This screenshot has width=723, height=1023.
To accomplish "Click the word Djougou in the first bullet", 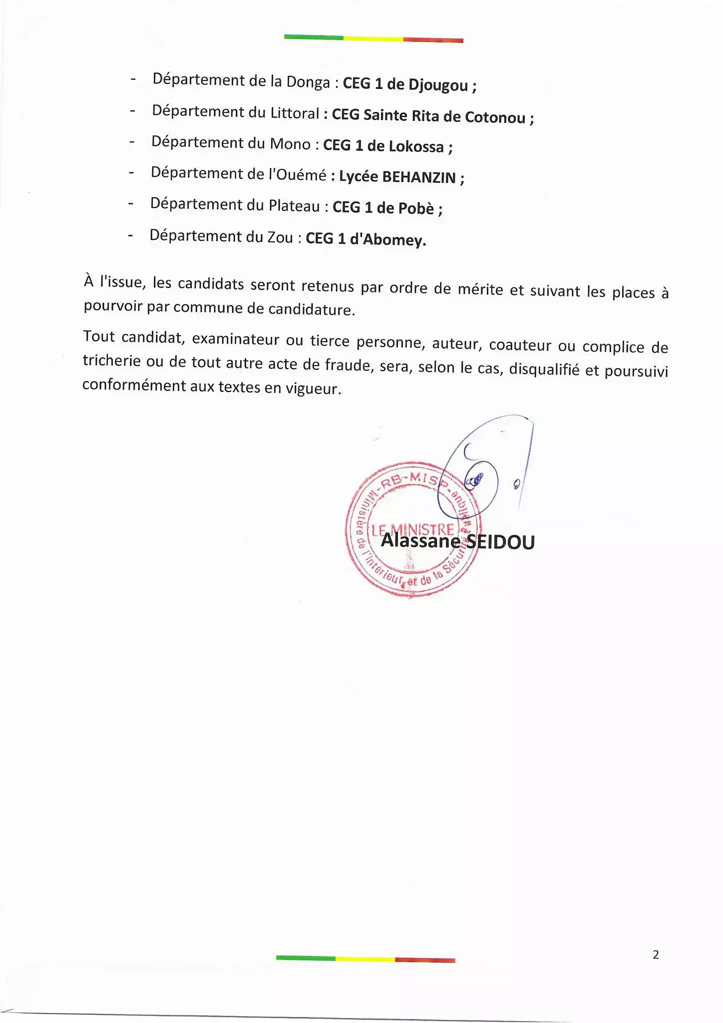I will coord(438,84).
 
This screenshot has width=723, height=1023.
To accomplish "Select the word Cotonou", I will coord(495,117).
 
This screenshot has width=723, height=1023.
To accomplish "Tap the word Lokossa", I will coord(416,146).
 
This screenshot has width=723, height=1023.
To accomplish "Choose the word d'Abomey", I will coord(387,240).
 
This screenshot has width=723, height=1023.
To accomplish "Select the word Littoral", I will coord(294,113).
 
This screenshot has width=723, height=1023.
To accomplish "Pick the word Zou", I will coord(280,237).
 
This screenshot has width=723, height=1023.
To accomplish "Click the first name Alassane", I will coord(420,540).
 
